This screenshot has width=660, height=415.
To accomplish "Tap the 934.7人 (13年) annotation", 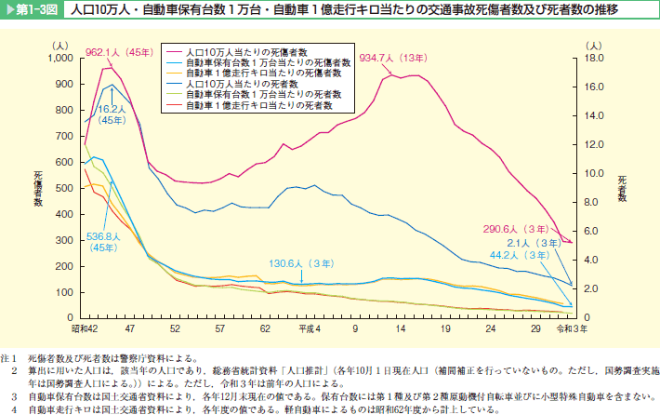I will [x=390, y=57].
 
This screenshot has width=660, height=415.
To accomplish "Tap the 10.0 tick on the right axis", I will [x=597, y=172].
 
